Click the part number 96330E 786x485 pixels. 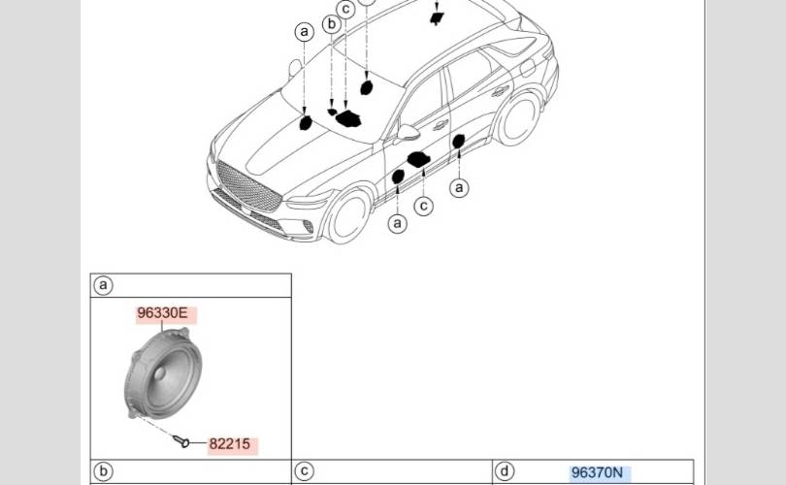pyautogui.click(x=162, y=313)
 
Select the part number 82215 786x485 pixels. pyautogui.click(x=230, y=444)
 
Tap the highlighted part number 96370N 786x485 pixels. pyautogui.click(x=597, y=472)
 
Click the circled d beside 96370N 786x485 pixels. pyautogui.click(x=505, y=471)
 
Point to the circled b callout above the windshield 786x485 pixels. pyautogui.click(x=331, y=23)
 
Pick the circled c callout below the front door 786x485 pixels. pyautogui.click(x=424, y=206)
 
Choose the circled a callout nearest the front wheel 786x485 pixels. pyautogui.click(x=398, y=223)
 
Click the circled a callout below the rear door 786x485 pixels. pyautogui.click(x=459, y=188)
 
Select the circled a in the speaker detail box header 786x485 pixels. pyautogui.click(x=103, y=285)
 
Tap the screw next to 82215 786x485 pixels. pyautogui.click(x=181, y=441)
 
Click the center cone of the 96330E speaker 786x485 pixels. pyautogui.click(x=159, y=373)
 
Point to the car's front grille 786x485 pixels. pyautogui.click(x=248, y=185)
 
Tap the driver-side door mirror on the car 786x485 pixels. pyautogui.click(x=407, y=133)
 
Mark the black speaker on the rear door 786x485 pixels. pyautogui.click(x=458, y=142)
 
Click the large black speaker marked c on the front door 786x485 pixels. pyautogui.click(x=418, y=159)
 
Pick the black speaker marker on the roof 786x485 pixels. pyautogui.click(x=436, y=18)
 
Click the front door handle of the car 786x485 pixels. pyautogui.click(x=441, y=125)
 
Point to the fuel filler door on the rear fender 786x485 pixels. pyautogui.click(x=527, y=67)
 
